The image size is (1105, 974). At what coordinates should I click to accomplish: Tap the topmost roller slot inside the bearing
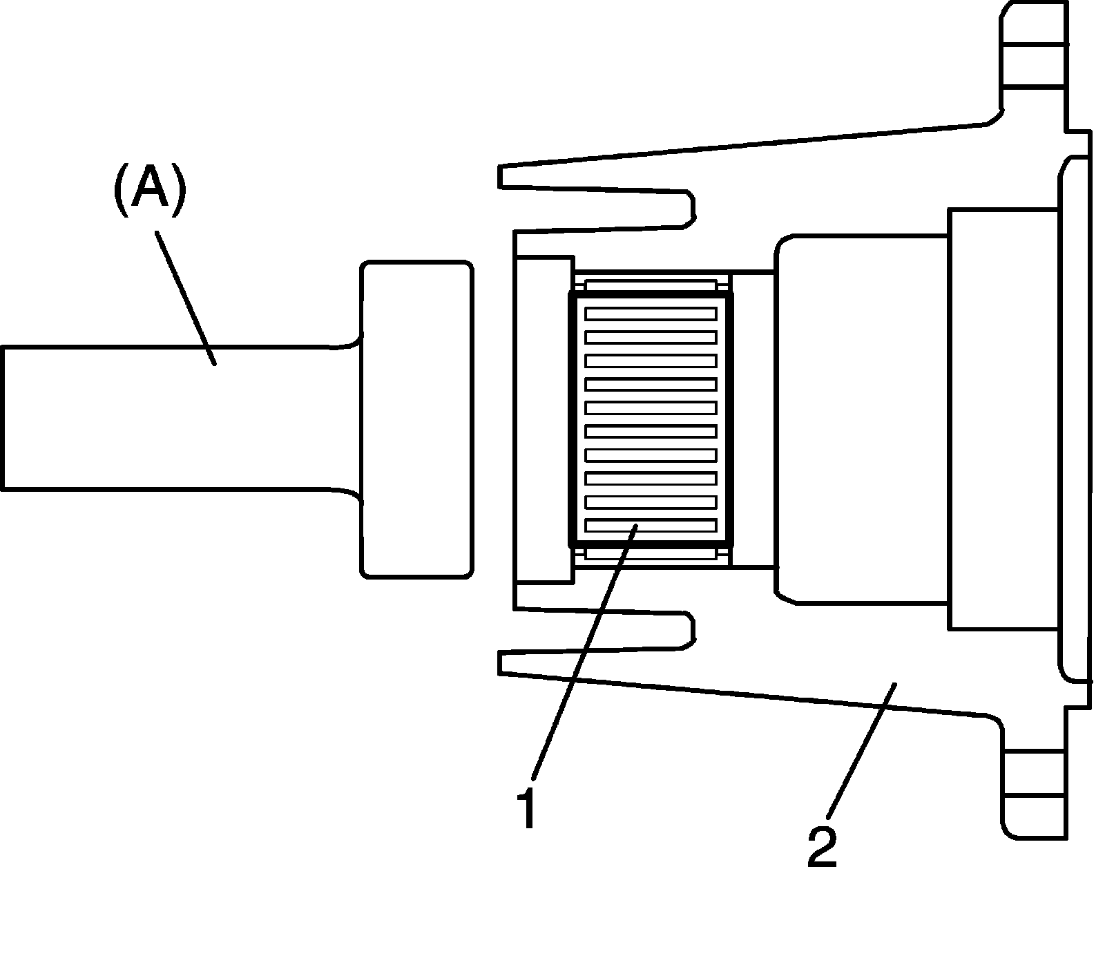click(650, 314)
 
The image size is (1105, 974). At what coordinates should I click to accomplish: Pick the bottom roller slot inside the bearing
click(650, 526)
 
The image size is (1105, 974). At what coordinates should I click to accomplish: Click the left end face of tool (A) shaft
click(4, 418)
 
